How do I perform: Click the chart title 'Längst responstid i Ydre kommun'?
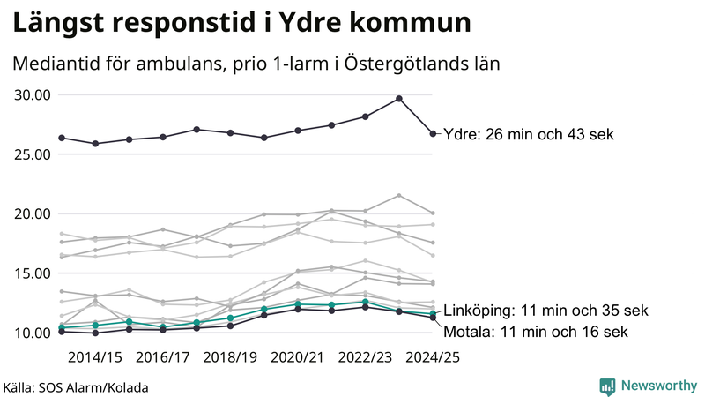241,24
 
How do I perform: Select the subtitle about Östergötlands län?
256,64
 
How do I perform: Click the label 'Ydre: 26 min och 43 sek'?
528,134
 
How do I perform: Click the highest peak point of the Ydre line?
399,99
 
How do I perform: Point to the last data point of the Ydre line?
433,134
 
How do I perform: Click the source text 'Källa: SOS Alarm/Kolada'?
76,386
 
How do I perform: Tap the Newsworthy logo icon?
607,386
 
